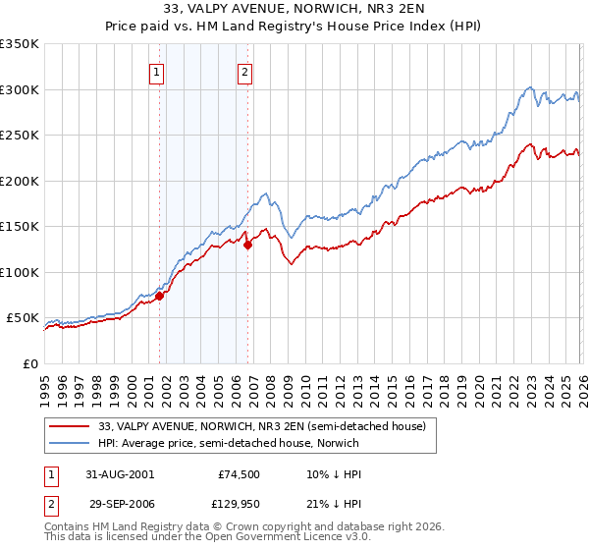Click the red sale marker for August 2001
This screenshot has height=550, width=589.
point(159,296)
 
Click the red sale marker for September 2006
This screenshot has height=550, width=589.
point(247,246)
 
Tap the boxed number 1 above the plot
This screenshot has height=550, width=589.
point(158,71)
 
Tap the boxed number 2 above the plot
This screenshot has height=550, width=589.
point(243,71)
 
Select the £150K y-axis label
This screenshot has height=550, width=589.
point(20,227)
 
